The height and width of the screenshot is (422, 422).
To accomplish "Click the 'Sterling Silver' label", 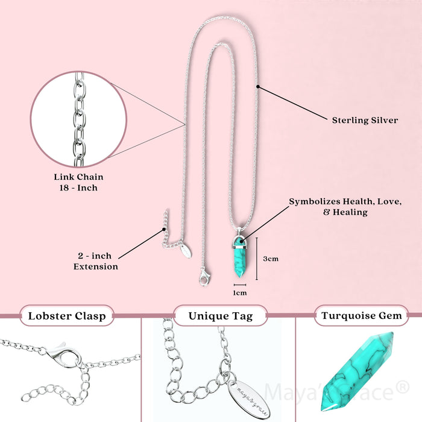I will click(365, 120).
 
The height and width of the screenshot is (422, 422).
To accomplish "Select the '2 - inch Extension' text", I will click(96, 261).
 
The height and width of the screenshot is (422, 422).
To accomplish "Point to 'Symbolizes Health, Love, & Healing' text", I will click(345, 206).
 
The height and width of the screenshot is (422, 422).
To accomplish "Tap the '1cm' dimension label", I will click(240, 292).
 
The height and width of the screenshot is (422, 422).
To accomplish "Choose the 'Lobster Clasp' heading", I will click(66, 315).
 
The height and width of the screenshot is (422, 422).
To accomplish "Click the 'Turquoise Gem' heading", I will click(362, 315).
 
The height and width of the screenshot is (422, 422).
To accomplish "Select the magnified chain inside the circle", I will click(78, 119).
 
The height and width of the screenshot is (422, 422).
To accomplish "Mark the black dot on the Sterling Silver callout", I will click(257, 86).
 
